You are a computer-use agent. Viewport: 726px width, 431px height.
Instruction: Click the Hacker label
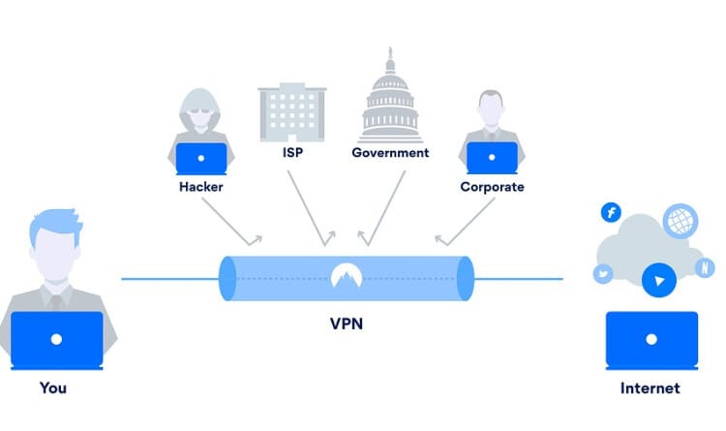click(x=200, y=186)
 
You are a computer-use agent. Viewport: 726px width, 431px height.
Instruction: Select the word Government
click(x=390, y=153)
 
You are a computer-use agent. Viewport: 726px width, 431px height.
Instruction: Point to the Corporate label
click(x=492, y=186)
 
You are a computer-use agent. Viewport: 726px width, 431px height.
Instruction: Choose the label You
click(x=53, y=388)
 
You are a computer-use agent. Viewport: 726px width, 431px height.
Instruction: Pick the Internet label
click(x=650, y=388)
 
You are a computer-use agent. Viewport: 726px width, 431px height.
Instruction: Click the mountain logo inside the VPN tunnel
click(x=346, y=277)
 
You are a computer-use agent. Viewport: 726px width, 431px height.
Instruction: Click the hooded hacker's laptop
click(x=201, y=156)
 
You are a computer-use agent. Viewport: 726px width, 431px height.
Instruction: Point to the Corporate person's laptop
click(x=492, y=156)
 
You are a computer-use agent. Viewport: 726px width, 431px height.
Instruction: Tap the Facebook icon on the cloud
click(x=611, y=213)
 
